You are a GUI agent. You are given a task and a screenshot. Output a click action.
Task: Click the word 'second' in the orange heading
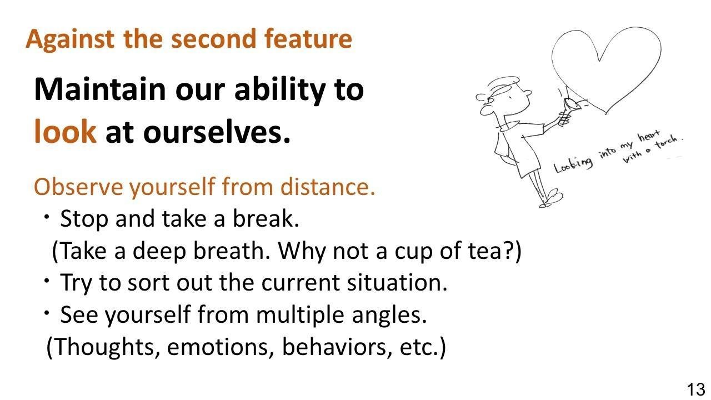click(x=213, y=39)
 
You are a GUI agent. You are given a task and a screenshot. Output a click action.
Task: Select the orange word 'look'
click(x=65, y=131)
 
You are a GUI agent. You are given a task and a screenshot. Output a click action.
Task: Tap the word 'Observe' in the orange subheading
click(x=78, y=187)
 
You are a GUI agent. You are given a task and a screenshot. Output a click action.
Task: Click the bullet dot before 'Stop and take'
click(x=47, y=217)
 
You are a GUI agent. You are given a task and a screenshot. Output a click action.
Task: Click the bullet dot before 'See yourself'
click(x=47, y=313)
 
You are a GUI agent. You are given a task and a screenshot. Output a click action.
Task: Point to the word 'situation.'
click(x=397, y=283)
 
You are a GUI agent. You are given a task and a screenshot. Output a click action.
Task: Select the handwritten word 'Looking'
click(x=573, y=165)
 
